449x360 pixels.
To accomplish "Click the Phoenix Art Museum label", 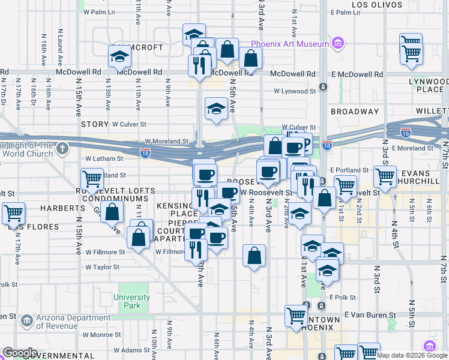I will click(x=290, y=44).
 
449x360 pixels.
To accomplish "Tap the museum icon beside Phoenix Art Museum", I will click(x=338, y=44).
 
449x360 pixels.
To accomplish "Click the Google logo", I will click(x=20, y=353).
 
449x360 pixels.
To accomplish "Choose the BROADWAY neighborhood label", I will click(x=355, y=112).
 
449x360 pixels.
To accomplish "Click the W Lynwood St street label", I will click(x=295, y=91).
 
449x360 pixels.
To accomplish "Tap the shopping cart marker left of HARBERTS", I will click(x=13, y=213).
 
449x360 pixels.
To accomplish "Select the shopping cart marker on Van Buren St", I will click(x=297, y=316).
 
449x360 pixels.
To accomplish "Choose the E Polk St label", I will click(x=343, y=297).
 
